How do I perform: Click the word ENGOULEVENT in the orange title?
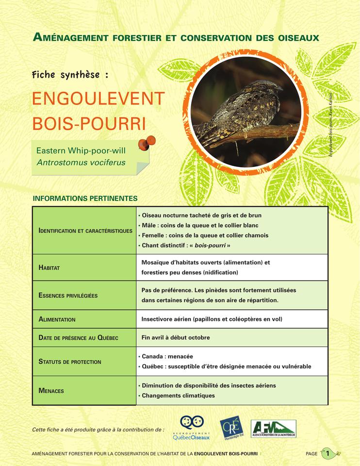pyautogui.click(x=98, y=99)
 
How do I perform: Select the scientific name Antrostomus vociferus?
pyautogui.click(x=81, y=162)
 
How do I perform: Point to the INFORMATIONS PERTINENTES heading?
pyautogui.click(x=85, y=198)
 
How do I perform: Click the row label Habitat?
pyautogui.click(x=49, y=267)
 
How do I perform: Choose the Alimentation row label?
pyautogui.click(x=57, y=319)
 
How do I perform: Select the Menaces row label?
pyautogui.click(x=51, y=391)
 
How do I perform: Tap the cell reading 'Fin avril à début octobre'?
pyautogui.click(x=176, y=337)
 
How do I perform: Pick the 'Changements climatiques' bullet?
pyautogui.click(x=178, y=396)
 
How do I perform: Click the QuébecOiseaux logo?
pyautogui.click(x=192, y=428)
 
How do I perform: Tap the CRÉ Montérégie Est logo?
pyautogui.click(x=230, y=428)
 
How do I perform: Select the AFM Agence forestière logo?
pyautogui.click(x=273, y=428)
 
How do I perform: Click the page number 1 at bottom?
pyautogui.click(x=328, y=454)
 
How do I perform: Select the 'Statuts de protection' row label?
pyautogui.click(x=70, y=362)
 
